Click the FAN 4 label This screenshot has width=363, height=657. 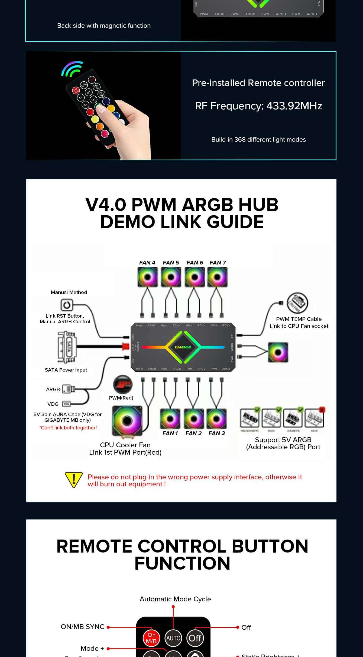(x=147, y=263)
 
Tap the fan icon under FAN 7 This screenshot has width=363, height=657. (x=218, y=277)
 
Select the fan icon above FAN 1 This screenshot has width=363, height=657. (x=170, y=419)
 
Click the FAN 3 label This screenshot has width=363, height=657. (x=217, y=433)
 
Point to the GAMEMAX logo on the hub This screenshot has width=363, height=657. (x=183, y=347)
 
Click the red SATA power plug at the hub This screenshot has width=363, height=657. (x=126, y=346)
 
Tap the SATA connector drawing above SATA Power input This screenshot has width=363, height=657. (x=67, y=347)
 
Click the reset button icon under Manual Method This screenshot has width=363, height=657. (x=67, y=305)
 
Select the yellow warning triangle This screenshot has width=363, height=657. (x=73, y=480)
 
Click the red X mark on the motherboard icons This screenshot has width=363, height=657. (x=322, y=409)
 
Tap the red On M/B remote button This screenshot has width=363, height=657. (x=151, y=638)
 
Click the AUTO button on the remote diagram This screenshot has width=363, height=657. (x=173, y=638)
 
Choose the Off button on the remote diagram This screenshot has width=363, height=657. (x=195, y=638)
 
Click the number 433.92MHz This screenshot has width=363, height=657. (x=294, y=106)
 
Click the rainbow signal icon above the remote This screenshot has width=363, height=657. (x=72, y=68)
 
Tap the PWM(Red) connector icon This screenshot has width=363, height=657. (x=122, y=384)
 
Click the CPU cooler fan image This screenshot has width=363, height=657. (x=127, y=420)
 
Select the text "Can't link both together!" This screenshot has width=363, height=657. (x=68, y=428)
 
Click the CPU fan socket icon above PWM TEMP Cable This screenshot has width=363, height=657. (x=297, y=302)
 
